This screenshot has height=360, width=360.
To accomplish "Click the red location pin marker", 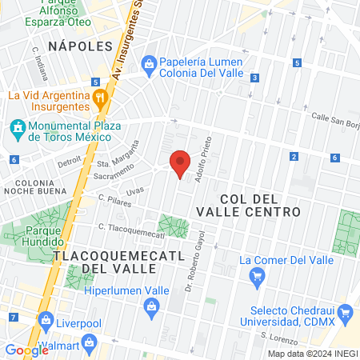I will pyautogui.click(x=181, y=163).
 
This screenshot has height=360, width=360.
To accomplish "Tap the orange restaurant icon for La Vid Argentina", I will pyautogui.click(x=100, y=100).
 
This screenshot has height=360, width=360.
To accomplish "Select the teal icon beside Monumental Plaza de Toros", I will pyautogui.click(x=17, y=128).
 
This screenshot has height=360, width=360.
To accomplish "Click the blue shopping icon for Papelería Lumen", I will pyautogui.click(x=149, y=63).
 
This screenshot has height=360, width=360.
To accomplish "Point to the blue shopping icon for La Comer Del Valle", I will pyautogui.click(x=258, y=277).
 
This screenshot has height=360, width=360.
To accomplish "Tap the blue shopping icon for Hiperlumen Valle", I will pyautogui.click(x=151, y=306).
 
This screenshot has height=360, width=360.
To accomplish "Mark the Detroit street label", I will pyautogui.click(x=69, y=161).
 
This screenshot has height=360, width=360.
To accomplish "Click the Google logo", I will pyautogui.click(x=26, y=350).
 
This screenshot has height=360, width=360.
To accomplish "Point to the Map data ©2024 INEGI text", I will pyautogui.click(x=312, y=354).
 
